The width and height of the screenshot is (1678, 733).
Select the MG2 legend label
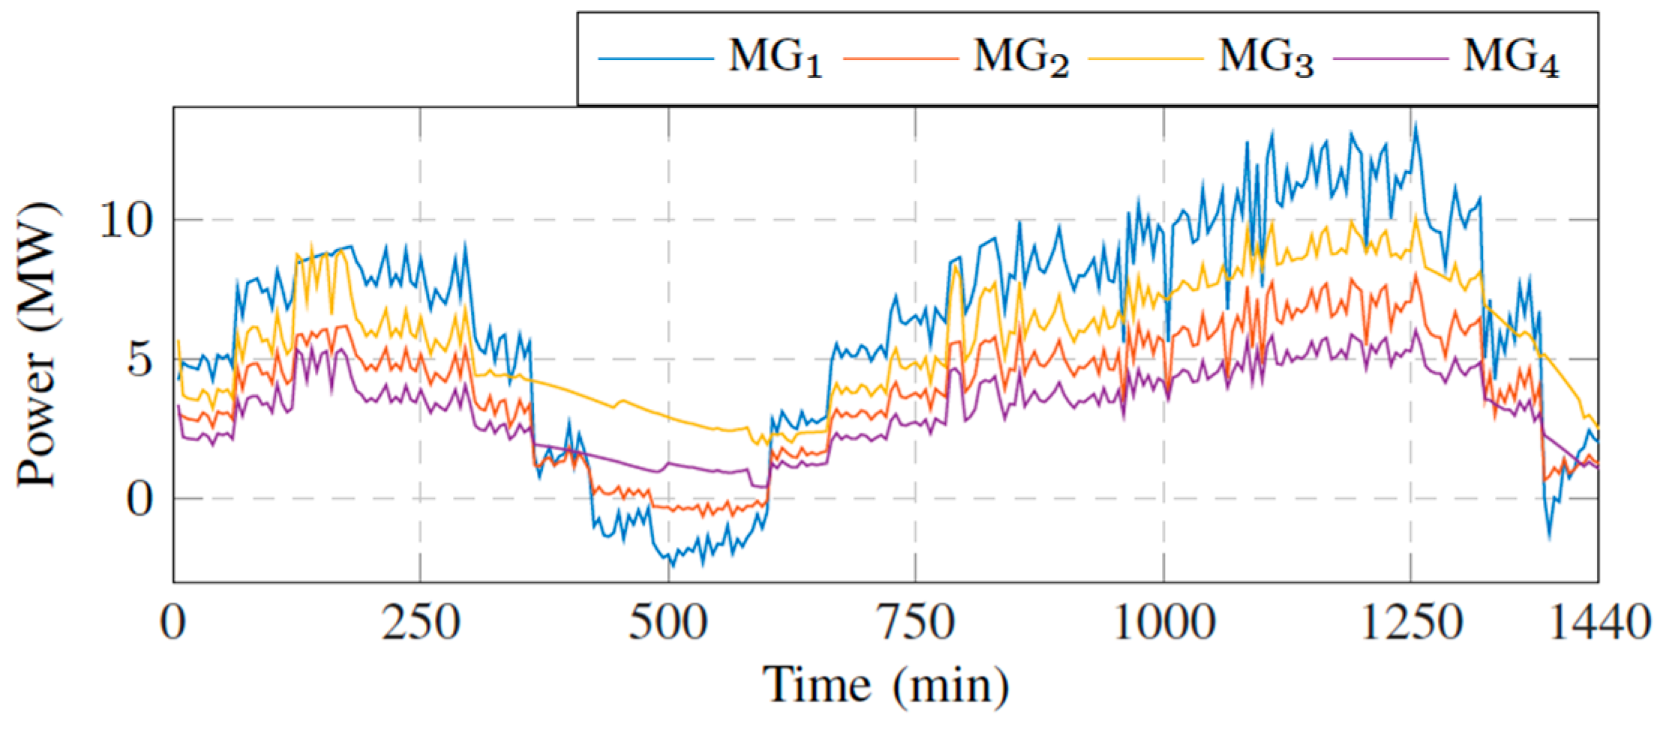1020,58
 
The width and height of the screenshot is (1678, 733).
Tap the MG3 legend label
1266,58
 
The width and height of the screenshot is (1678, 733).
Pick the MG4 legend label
1510,58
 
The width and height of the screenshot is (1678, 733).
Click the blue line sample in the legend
655,57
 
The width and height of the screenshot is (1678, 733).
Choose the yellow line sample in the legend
1145,57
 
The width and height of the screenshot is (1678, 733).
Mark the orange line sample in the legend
900,57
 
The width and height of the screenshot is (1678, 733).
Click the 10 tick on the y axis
124,220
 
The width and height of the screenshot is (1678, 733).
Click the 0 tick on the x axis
173,623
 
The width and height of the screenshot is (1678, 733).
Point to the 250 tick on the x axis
420,623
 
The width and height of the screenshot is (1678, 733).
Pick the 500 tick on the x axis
667,623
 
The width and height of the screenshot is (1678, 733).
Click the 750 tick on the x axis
915,623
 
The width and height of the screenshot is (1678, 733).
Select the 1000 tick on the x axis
1164,623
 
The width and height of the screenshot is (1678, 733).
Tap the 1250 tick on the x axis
1411,623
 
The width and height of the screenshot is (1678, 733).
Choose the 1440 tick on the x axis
1598,623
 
